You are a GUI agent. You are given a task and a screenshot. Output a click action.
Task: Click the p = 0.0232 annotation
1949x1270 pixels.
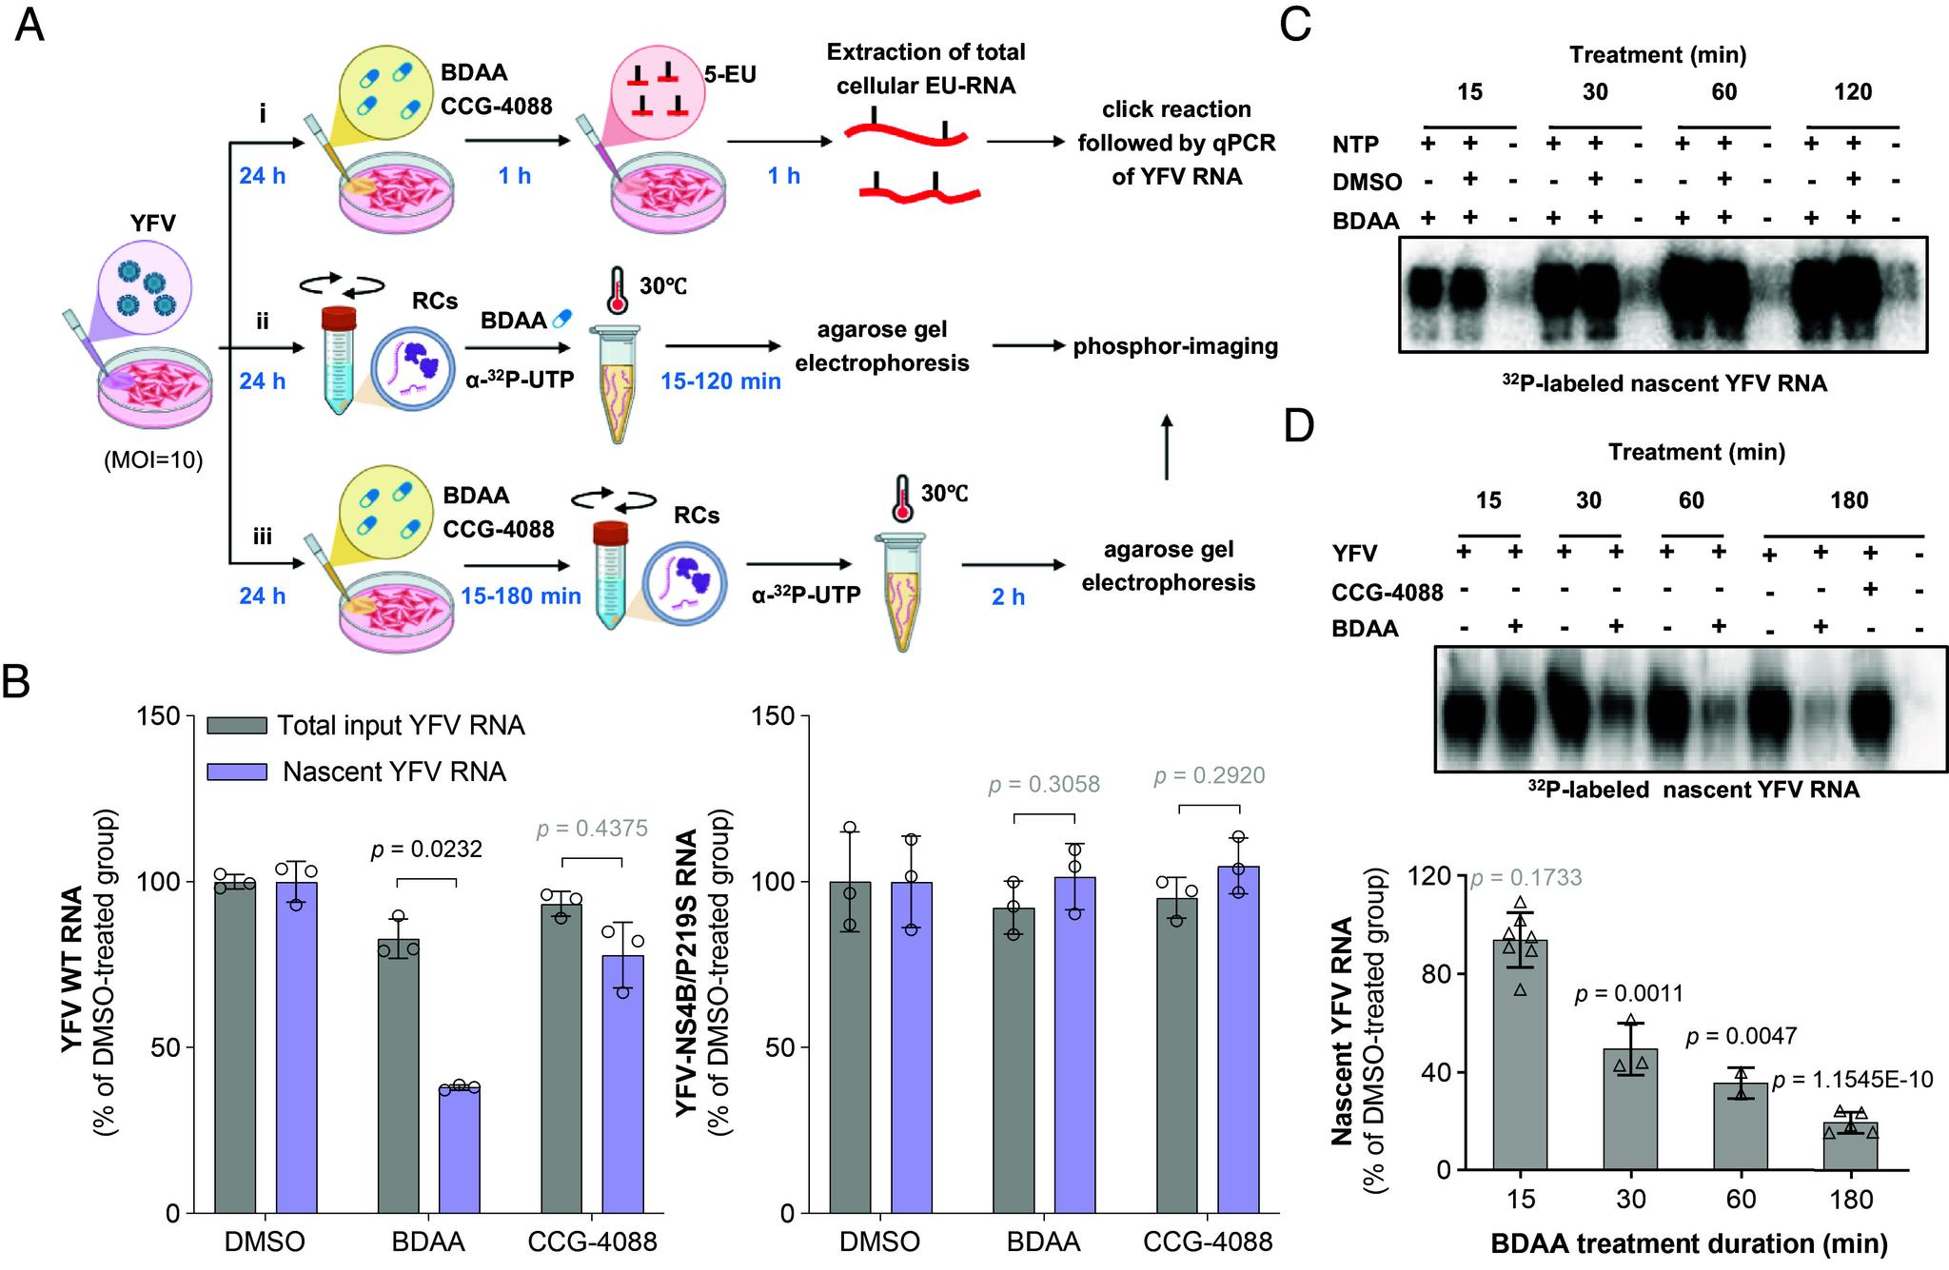(x=425, y=848)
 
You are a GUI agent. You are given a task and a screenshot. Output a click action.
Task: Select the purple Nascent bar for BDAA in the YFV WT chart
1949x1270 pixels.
(x=459, y=1149)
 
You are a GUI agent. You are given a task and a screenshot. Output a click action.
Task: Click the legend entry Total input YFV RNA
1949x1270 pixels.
(x=401, y=726)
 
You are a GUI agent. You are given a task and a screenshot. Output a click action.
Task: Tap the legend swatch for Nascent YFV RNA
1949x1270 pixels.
(x=237, y=772)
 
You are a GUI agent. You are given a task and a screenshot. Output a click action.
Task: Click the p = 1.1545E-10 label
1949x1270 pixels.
(x=1852, y=1080)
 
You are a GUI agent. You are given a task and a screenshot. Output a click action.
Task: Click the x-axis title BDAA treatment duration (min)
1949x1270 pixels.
(x=1688, y=1243)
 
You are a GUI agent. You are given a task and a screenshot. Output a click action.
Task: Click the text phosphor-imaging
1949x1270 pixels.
(x=1175, y=346)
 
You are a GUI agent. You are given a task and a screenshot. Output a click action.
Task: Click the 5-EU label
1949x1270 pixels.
(x=730, y=74)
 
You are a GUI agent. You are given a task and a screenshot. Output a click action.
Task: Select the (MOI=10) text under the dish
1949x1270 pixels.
(x=153, y=461)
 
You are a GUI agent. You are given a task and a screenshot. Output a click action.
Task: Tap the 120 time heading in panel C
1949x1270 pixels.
(x=1852, y=92)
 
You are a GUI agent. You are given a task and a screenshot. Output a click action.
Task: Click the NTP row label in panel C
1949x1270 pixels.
(x=1355, y=146)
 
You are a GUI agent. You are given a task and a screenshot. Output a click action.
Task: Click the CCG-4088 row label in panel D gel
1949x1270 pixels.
(x=1387, y=593)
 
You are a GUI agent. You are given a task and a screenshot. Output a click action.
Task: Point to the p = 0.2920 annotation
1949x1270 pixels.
(x=1209, y=776)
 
